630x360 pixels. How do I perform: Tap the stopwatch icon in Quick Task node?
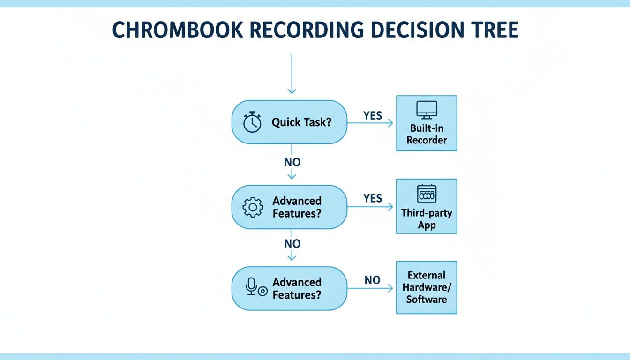click(x=252, y=122)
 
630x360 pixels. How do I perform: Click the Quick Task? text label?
click(x=301, y=122)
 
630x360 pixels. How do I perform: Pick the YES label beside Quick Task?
click(x=373, y=115)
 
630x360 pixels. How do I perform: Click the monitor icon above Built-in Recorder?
click(x=427, y=110)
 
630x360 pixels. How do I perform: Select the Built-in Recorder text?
click(x=427, y=134)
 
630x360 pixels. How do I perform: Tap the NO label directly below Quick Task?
click(x=292, y=162)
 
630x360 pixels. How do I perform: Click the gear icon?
click(x=253, y=207)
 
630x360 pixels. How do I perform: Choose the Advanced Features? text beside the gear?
click(x=297, y=207)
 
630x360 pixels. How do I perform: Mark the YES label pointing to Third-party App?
click(x=373, y=198)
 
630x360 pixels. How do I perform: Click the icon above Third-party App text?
click(x=427, y=194)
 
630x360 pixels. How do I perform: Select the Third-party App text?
click(x=427, y=219)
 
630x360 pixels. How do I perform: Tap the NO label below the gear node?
click(x=292, y=244)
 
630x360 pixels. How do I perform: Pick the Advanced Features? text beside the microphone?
click(x=297, y=288)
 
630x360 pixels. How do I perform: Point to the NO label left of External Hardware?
click(x=372, y=280)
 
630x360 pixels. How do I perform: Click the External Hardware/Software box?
click(x=427, y=287)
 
